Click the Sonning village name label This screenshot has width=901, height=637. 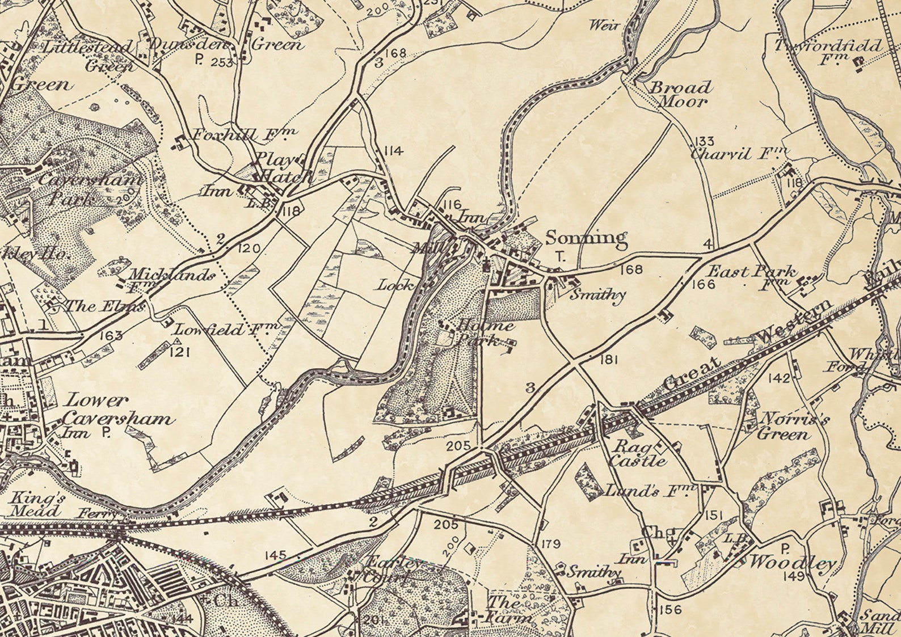tap(586, 238)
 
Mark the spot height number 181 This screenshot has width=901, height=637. tap(608, 359)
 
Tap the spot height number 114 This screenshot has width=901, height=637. tap(393, 151)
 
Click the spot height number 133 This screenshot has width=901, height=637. tap(704, 141)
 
